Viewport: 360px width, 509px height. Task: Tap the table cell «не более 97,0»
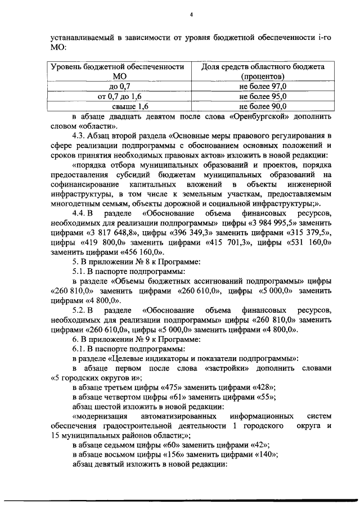tap(262, 86)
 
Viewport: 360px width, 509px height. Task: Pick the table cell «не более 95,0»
tap(262, 96)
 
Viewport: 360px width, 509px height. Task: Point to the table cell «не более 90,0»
tap(262, 106)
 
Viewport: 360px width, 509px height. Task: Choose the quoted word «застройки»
tap(223, 368)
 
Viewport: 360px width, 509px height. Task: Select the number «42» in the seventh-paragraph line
tap(259, 445)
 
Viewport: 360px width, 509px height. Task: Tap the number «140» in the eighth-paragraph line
tap(265, 454)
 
